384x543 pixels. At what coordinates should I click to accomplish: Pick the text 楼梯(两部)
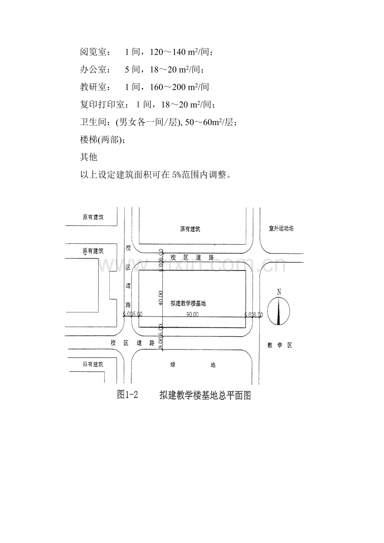101,140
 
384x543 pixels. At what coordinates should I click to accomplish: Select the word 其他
88,157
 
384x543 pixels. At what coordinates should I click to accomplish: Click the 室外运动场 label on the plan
281,229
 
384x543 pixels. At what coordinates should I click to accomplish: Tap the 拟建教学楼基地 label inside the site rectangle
188,304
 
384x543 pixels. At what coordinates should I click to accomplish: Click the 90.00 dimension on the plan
192,314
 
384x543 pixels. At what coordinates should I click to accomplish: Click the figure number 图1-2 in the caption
128,395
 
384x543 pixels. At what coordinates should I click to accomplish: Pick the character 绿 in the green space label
173,365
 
